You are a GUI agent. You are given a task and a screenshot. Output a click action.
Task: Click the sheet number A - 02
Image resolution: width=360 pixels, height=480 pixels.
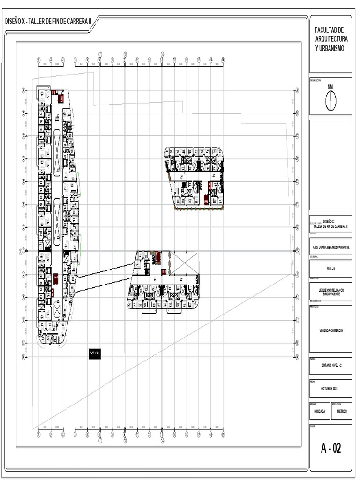click(330, 449)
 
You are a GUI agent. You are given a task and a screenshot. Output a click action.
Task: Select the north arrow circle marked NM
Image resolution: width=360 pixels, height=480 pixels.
click(330, 100)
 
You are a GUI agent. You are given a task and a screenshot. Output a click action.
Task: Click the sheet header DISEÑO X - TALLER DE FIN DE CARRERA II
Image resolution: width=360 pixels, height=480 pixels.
click(47, 22)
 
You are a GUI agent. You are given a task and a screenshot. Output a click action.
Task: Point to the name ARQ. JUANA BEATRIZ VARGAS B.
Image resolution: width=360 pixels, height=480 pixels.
click(330, 247)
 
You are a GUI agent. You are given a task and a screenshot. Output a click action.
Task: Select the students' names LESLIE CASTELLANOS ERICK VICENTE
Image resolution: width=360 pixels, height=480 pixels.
click(330, 292)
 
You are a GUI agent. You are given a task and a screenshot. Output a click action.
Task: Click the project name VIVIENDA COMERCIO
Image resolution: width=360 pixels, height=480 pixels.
click(330, 330)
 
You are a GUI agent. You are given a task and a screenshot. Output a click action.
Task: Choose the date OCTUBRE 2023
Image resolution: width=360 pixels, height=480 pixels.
click(330, 389)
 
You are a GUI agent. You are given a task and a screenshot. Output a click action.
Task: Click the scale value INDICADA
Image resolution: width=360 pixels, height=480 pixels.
click(319, 411)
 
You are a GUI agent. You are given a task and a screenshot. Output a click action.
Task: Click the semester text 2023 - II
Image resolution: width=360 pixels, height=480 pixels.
click(330, 269)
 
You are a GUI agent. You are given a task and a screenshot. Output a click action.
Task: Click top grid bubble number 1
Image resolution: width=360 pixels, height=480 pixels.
click(39, 60)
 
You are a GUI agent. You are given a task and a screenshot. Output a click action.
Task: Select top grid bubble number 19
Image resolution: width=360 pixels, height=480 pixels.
click(223, 60)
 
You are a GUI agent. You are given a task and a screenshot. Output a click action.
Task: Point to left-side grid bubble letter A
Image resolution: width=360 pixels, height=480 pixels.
click(23, 90)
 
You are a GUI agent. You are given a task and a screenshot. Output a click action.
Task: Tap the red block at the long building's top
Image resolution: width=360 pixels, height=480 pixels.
click(60, 98)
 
